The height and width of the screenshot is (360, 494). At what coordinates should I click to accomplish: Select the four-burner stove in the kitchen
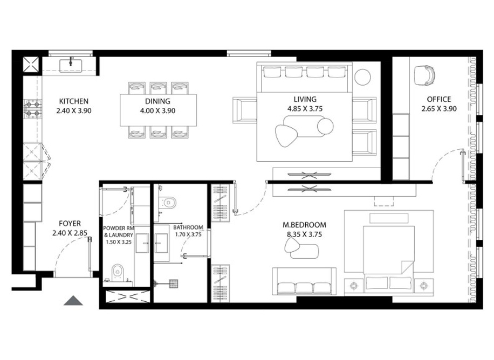pos(32,109)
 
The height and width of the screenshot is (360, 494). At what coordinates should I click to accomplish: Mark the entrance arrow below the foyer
pos(73,301)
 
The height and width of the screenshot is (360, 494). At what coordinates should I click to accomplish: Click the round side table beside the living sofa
pos(363,77)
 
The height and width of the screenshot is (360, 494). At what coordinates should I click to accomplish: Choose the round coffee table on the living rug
pos(325,127)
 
